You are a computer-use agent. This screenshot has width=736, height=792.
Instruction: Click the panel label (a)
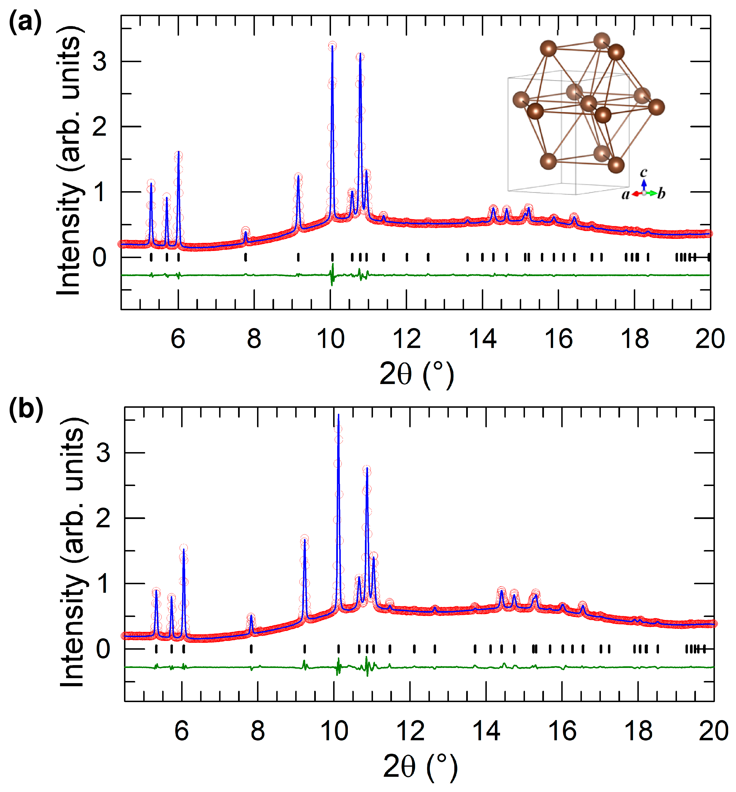coord(25,23)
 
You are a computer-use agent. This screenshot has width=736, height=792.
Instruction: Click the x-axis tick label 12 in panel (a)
coord(407,339)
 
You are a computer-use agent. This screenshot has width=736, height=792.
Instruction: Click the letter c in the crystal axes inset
coord(643,172)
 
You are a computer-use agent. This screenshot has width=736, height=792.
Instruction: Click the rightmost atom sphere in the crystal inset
coord(656,107)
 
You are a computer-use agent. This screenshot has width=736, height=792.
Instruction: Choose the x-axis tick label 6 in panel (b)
coord(182,731)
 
